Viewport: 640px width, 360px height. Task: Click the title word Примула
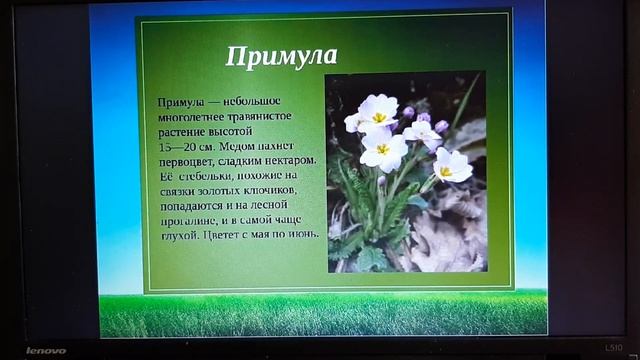(x=281, y=56)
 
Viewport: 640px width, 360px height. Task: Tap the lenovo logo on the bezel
(x=45, y=350)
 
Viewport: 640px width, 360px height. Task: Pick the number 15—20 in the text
(x=181, y=146)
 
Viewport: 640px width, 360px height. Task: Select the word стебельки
(x=208, y=175)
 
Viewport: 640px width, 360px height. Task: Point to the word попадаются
(x=194, y=204)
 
